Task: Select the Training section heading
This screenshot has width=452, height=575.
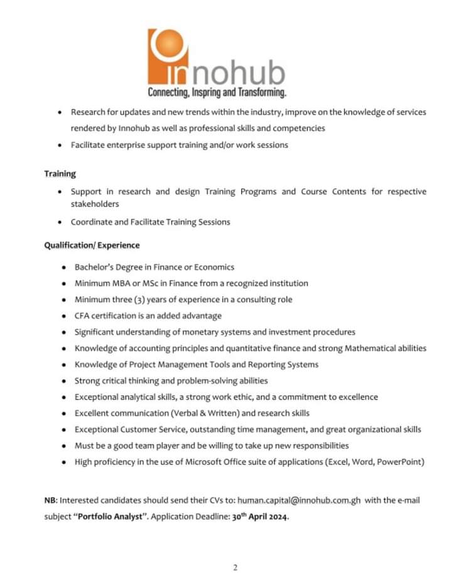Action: tap(60, 173)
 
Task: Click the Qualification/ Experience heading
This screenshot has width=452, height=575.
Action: tap(92, 245)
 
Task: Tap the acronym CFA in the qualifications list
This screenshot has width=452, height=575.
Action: tap(83, 316)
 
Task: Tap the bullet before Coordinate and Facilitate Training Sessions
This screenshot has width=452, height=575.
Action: tap(60, 222)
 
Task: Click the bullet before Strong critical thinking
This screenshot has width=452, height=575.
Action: tap(65, 381)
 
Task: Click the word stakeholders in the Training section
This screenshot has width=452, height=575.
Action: tap(95, 204)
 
